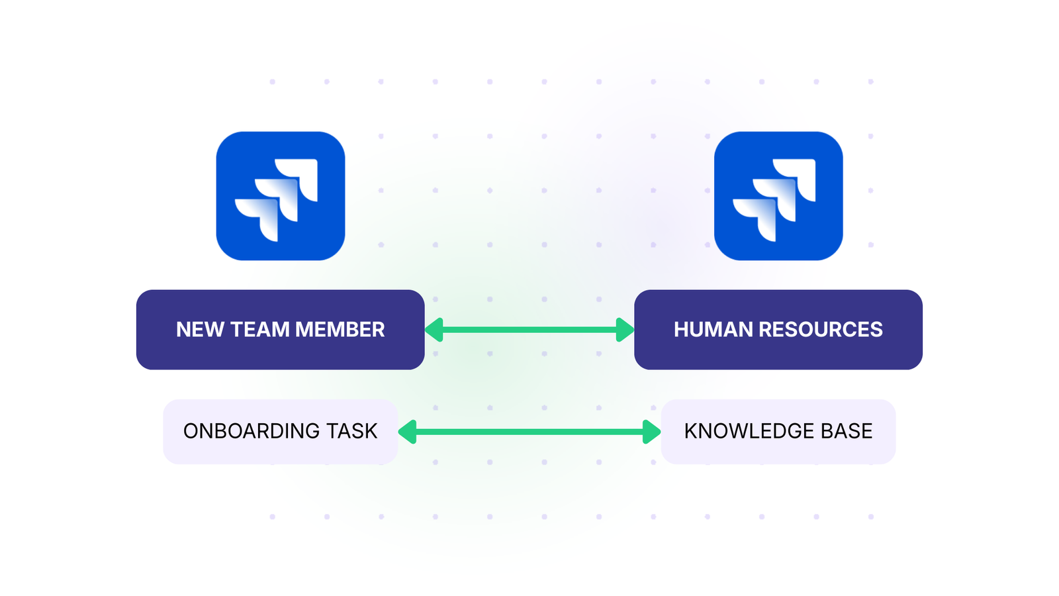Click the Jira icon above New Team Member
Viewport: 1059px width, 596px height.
point(280,195)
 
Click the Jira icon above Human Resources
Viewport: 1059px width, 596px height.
point(778,195)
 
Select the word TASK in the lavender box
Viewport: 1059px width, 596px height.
point(351,431)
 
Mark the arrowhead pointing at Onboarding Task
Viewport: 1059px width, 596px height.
point(407,432)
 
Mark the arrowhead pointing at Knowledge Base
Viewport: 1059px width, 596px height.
point(651,432)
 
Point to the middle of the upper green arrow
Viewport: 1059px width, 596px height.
point(529,330)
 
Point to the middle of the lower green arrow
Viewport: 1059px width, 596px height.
point(529,432)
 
